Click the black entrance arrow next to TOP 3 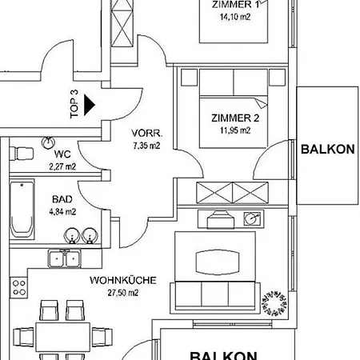pos(90,105)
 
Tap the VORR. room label pos(146,133)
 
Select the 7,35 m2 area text pos(146,146)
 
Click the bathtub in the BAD pos(22,210)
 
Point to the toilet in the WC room pos(22,154)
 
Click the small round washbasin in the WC pos(48,142)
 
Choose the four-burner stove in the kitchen pos(19,288)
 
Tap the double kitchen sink pos(64,258)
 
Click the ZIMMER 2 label pos(235,118)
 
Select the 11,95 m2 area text pos(235,130)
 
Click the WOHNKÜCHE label pos(123,280)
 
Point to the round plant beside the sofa pos(274,303)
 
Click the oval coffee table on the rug pos(218,262)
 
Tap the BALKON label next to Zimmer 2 pos(328,150)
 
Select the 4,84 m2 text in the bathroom pos(62,212)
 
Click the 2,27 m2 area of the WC pos(62,166)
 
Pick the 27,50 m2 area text pos(123,293)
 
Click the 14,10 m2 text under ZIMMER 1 pos(235,17)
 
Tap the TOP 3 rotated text pos(74,104)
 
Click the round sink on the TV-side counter pos(252,218)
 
